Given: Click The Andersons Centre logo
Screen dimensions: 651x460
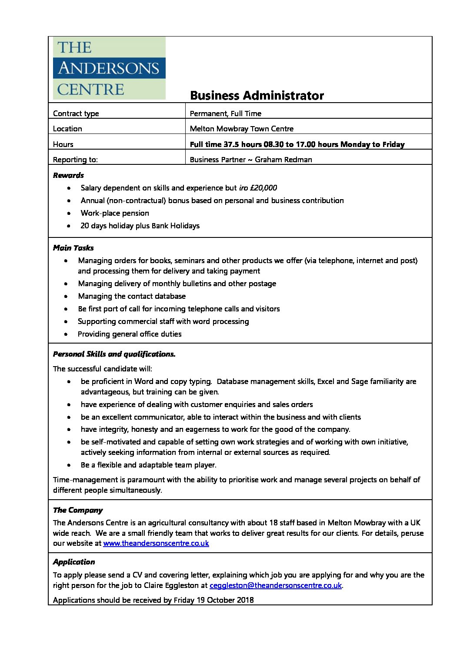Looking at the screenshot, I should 109,68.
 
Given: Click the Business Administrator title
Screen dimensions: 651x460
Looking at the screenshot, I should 257,96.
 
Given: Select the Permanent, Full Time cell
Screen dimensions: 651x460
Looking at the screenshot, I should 225,114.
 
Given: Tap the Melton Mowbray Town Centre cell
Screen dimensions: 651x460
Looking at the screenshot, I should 241,129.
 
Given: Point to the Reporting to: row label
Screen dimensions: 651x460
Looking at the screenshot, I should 75,160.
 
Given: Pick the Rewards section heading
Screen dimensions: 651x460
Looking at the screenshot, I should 68,175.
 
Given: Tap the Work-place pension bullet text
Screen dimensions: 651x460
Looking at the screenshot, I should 115,213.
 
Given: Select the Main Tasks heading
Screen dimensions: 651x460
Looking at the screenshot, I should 73,248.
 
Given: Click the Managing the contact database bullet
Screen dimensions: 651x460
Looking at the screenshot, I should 132,296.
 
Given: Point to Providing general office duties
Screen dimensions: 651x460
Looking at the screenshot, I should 130,334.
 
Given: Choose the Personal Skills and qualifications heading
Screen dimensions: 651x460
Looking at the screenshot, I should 114,354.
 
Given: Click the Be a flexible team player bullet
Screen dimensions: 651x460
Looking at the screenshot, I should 148,465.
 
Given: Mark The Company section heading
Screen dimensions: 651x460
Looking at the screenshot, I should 78,510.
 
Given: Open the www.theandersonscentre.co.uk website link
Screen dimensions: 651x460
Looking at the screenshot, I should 156,543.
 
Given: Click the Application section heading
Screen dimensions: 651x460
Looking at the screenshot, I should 74,562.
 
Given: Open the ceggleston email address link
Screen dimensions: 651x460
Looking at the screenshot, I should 275,585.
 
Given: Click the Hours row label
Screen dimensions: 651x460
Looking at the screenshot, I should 63,144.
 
